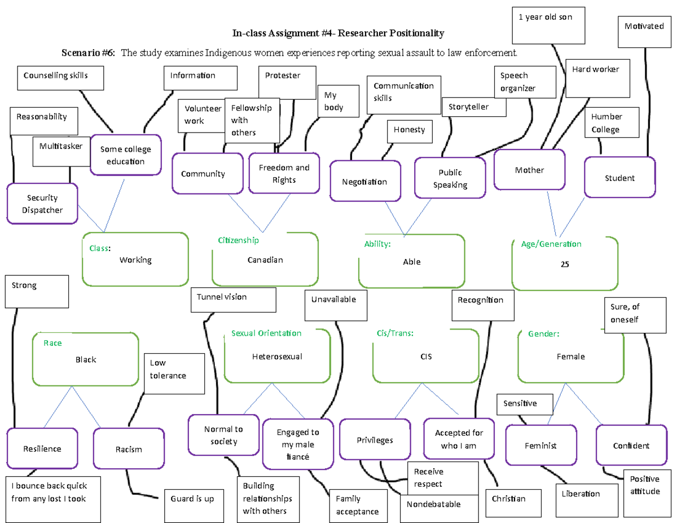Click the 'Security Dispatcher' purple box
[x=42, y=204]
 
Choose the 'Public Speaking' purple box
[x=450, y=178]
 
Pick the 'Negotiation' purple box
[x=365, y=181]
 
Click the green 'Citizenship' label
[x=238, y=240]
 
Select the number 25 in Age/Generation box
[x=565, y=263]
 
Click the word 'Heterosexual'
[x=277, y=357]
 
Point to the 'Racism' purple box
[x=129, y=449]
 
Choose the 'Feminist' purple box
[x=540, y=446]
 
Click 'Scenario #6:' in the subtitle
[x=88, y=53]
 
